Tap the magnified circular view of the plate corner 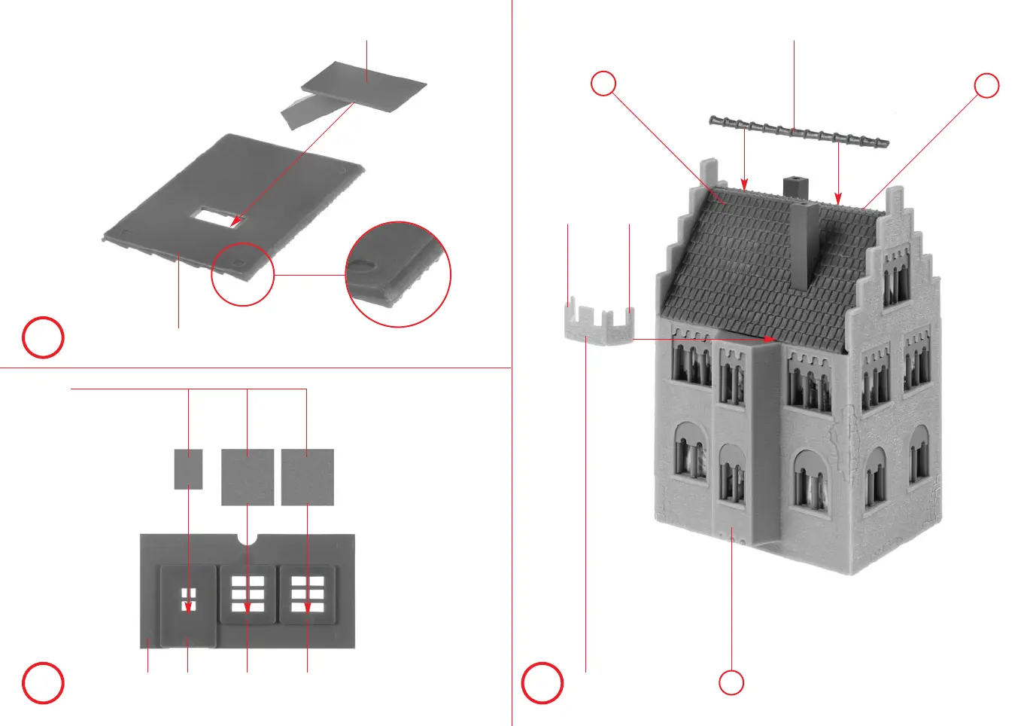click(x=398, y=274)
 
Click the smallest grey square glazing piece click(x=188, y=468)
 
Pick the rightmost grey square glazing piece click(x=307, y=477)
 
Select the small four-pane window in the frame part click(x=188, y=599)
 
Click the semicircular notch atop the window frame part click(x=248, y=538)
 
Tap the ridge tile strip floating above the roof click(x=799, y=131)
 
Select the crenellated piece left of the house click(x=600, y=323)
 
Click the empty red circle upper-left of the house click(x=603, y=84)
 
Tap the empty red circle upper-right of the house click(x=986, y=86)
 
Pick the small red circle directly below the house click(x=731, y=682)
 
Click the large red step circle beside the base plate click(x=43, y=337)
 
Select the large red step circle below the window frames click(x=43, y=683)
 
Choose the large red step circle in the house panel click(x=542, y=683)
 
